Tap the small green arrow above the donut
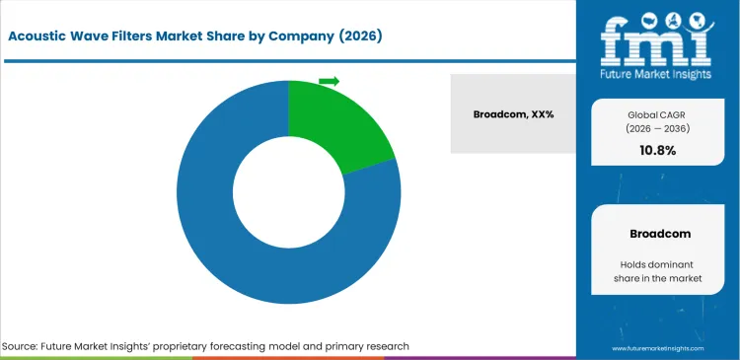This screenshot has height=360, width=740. pyautogui.click(x=329, y=81)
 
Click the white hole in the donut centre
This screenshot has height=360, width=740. pyautogui.click(x=288, y=191)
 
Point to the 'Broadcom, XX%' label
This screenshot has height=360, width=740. pyautogui.click(x=514, y=114)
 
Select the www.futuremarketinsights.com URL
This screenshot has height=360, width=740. pyautogui.click(x=658, y=349)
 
